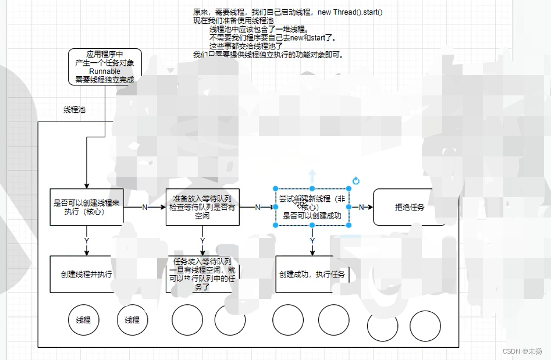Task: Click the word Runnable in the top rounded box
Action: pos(105,71)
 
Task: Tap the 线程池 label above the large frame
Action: pos(74,109)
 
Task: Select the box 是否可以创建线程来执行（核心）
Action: pos(86,207)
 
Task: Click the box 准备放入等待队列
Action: pos(202,206)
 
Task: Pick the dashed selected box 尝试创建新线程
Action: pos(312,206)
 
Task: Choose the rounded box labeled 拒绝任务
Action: pos(410,207)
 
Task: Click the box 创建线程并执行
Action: pos(86,274)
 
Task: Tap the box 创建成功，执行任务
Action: pos(312,274)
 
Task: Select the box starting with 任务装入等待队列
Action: pos(202,274)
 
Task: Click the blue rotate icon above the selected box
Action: pos(356,181)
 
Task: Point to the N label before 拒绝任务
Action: pos(361,207)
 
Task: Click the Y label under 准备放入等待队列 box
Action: pos(202,241)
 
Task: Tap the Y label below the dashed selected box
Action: pos(312,241)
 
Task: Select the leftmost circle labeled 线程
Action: pos(83,320)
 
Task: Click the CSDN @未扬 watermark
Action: pos(522,351)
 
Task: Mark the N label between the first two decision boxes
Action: pos(144,207)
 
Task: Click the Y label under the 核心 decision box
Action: pos(87,241)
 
